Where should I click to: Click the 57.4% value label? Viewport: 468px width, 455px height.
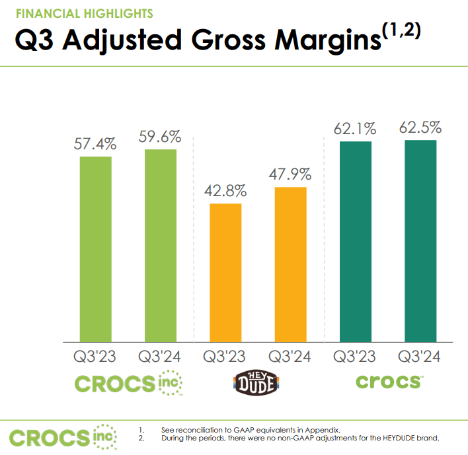pyautogui.click(x=95, y=143)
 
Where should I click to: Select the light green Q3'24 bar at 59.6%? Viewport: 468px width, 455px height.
pyautogui.click(x=161, y=245)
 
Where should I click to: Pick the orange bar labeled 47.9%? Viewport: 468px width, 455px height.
pyautogui.click(x=291, y=264)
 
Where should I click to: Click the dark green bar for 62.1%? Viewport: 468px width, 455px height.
pyautogui.click(x=355, y=241)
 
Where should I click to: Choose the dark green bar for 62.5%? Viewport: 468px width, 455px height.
pyautogui.click(x=420, y=240)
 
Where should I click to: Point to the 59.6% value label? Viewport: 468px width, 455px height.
pyautogui.click(x=161, y=137)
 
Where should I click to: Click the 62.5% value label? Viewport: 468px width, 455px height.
pyautogui.click(x=420, y=127)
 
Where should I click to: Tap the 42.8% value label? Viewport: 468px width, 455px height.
pyautogui.click(x=225, y=191)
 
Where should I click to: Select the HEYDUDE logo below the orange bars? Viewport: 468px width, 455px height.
pyautogui.click(x=258, y=383)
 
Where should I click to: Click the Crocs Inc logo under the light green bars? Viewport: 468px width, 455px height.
pyautogui.click(x=128, y=382)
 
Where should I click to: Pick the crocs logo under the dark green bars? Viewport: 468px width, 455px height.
pyautogui.click(x=388, y=382)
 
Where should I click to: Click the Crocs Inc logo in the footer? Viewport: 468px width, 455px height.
pyautogui.click(x=63, y=437)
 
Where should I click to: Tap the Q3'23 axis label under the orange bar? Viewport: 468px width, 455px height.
pyautogui.click(x=225, y=357)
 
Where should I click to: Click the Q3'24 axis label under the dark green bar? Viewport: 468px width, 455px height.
pyautogui.click(x=420, y=357)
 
